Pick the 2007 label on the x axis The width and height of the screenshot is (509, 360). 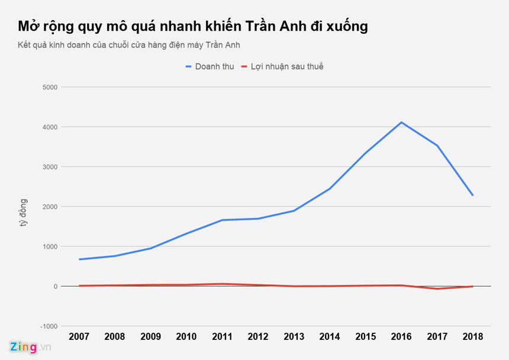click(79, 336)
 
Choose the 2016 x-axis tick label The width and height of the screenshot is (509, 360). click(401, 336)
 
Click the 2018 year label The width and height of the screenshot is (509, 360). click(472, 336)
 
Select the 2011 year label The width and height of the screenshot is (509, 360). click(222, 336)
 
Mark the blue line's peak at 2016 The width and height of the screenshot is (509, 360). click(401, 123)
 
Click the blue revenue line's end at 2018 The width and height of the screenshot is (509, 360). click(472, 195)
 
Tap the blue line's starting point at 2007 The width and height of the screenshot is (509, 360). click(79, 259)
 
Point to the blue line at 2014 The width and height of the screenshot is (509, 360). click(330, 188)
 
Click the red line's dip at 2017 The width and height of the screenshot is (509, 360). click(437, 289)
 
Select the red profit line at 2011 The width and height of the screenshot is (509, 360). click(222, 284)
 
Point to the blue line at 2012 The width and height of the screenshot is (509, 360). click(258, 218)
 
